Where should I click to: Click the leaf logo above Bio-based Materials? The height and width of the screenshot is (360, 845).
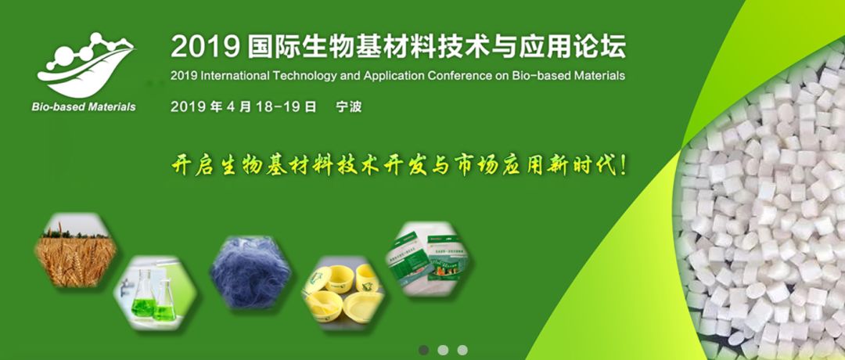tap(86, 65)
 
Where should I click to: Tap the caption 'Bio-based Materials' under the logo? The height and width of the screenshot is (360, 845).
tap(84, 106)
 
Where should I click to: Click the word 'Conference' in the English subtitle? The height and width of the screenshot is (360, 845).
tap(460, 75)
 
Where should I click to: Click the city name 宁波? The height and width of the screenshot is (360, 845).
tap(348, 106)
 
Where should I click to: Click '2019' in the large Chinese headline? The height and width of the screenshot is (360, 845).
tap(205, 48)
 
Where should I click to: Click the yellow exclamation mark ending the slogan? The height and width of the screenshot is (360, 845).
tap(624, 165)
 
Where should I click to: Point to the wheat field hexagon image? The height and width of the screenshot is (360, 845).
tap(75, 250)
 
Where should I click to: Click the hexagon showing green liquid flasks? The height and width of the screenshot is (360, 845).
tap(155, 293)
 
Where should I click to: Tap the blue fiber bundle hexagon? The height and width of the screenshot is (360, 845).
tap(250, 272)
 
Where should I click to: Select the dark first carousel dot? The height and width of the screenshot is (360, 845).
tap(423, 350)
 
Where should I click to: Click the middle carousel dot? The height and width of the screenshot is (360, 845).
tap(443, 350)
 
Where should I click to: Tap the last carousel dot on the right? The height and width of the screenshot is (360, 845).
tap(462, 350)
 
